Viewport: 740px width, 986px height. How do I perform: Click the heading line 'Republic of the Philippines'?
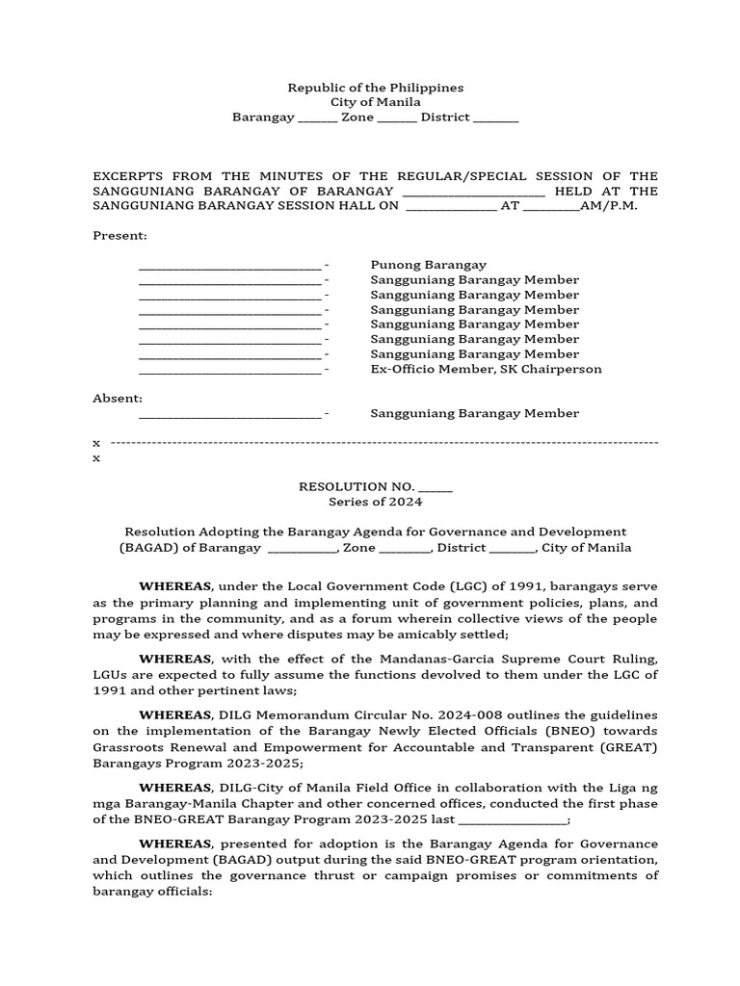point(375,88)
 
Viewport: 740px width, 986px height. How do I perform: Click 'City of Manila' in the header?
point(375,102)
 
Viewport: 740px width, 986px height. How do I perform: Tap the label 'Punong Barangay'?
point(428,265)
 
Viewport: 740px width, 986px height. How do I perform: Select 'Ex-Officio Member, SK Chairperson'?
point(486,369)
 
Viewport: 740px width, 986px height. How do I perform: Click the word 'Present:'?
point(119,236)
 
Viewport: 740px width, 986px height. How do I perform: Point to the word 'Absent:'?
point(118,398)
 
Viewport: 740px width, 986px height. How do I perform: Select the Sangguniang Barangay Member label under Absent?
point(474,413)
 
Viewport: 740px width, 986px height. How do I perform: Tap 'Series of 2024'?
point(375,502)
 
